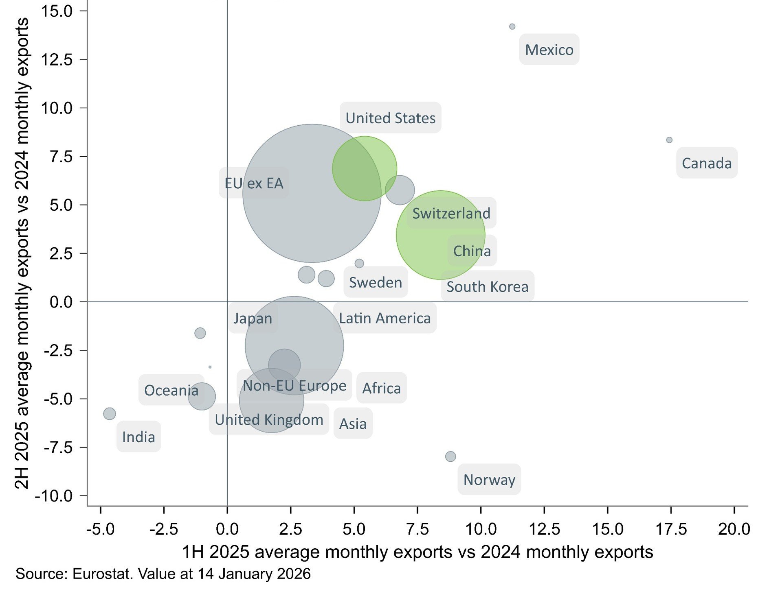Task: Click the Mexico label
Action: (549, 50)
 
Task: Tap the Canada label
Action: (707, 163)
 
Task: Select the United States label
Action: (391, 118)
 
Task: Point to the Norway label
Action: (489, 480)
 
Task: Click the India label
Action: (138, 437)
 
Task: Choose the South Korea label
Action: (487, 286)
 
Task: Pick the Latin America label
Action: (384, 318)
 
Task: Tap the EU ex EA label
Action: (254, 183)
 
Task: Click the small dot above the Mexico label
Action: (512, 26)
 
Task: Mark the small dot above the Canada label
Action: (669, 140)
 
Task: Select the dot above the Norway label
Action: (450, 456)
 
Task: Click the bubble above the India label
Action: (109, 414)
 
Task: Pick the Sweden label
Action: (375, 282)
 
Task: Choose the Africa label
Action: (381, 388)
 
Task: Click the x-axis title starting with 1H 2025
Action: (417, 552)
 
